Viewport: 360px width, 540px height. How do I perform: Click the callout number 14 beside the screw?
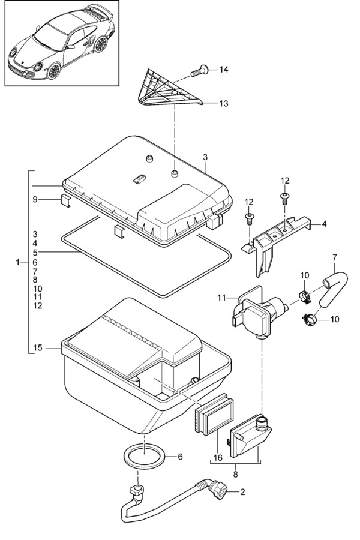(x=224, y=70)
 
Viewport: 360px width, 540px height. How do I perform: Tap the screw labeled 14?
(x=199, y=71)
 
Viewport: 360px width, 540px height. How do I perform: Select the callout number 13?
(x=224, y=103)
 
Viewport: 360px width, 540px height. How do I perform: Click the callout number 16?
(x=218, y=458)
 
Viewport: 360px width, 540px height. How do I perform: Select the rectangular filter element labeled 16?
(x=214, y=414)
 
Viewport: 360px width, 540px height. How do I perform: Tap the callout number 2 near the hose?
(x=242, y=492)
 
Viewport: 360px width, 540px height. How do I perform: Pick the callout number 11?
(x=221, y=297)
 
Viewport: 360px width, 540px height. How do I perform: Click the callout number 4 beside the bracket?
(x=324, y=224)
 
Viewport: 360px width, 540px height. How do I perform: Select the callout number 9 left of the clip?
(x=35, y=199)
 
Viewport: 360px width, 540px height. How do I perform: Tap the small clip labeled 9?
(x=65, y=200)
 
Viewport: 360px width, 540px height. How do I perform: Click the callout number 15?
(x=38, y=348)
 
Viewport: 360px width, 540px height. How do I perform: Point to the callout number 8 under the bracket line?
(x=235, y=474)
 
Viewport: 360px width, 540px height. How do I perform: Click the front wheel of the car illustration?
(x=54, y=71)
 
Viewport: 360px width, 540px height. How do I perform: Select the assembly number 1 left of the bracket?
(x=18, y=263)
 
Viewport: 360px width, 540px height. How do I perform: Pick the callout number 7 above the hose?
(x=335, y=257)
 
